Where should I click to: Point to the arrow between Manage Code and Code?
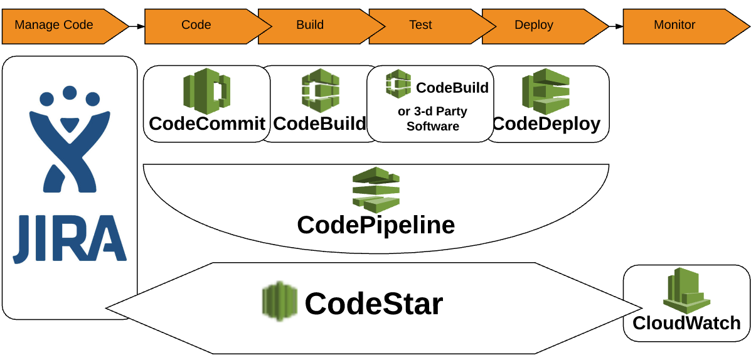pyautogui.click(x=136, y=26)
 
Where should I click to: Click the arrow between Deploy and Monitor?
pyautogui.click(x=615, y=26)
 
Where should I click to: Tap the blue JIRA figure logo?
pyautogui.click(x=70, y=144)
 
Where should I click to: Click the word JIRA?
pyautogui.click(x=70, y=238)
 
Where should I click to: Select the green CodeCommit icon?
pyautogui.click(x=206, y=92)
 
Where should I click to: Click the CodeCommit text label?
pyautogui.click(x=207, y=124)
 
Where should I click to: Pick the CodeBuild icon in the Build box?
pyautogui.click(x=320, y=92)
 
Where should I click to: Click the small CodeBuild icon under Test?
pyautogui.click(x=398, y=84)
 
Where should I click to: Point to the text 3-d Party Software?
pyautogui.click(x=433, y=119)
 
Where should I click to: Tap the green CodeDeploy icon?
pyautogui.click(x=545, y=92)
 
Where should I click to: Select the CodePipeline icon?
pyautogui.click(x=376, y=189)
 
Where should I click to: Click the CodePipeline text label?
pyautogui.click(x=376, y=225)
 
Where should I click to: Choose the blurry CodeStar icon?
pyautogui.click(x=279, y=302)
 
